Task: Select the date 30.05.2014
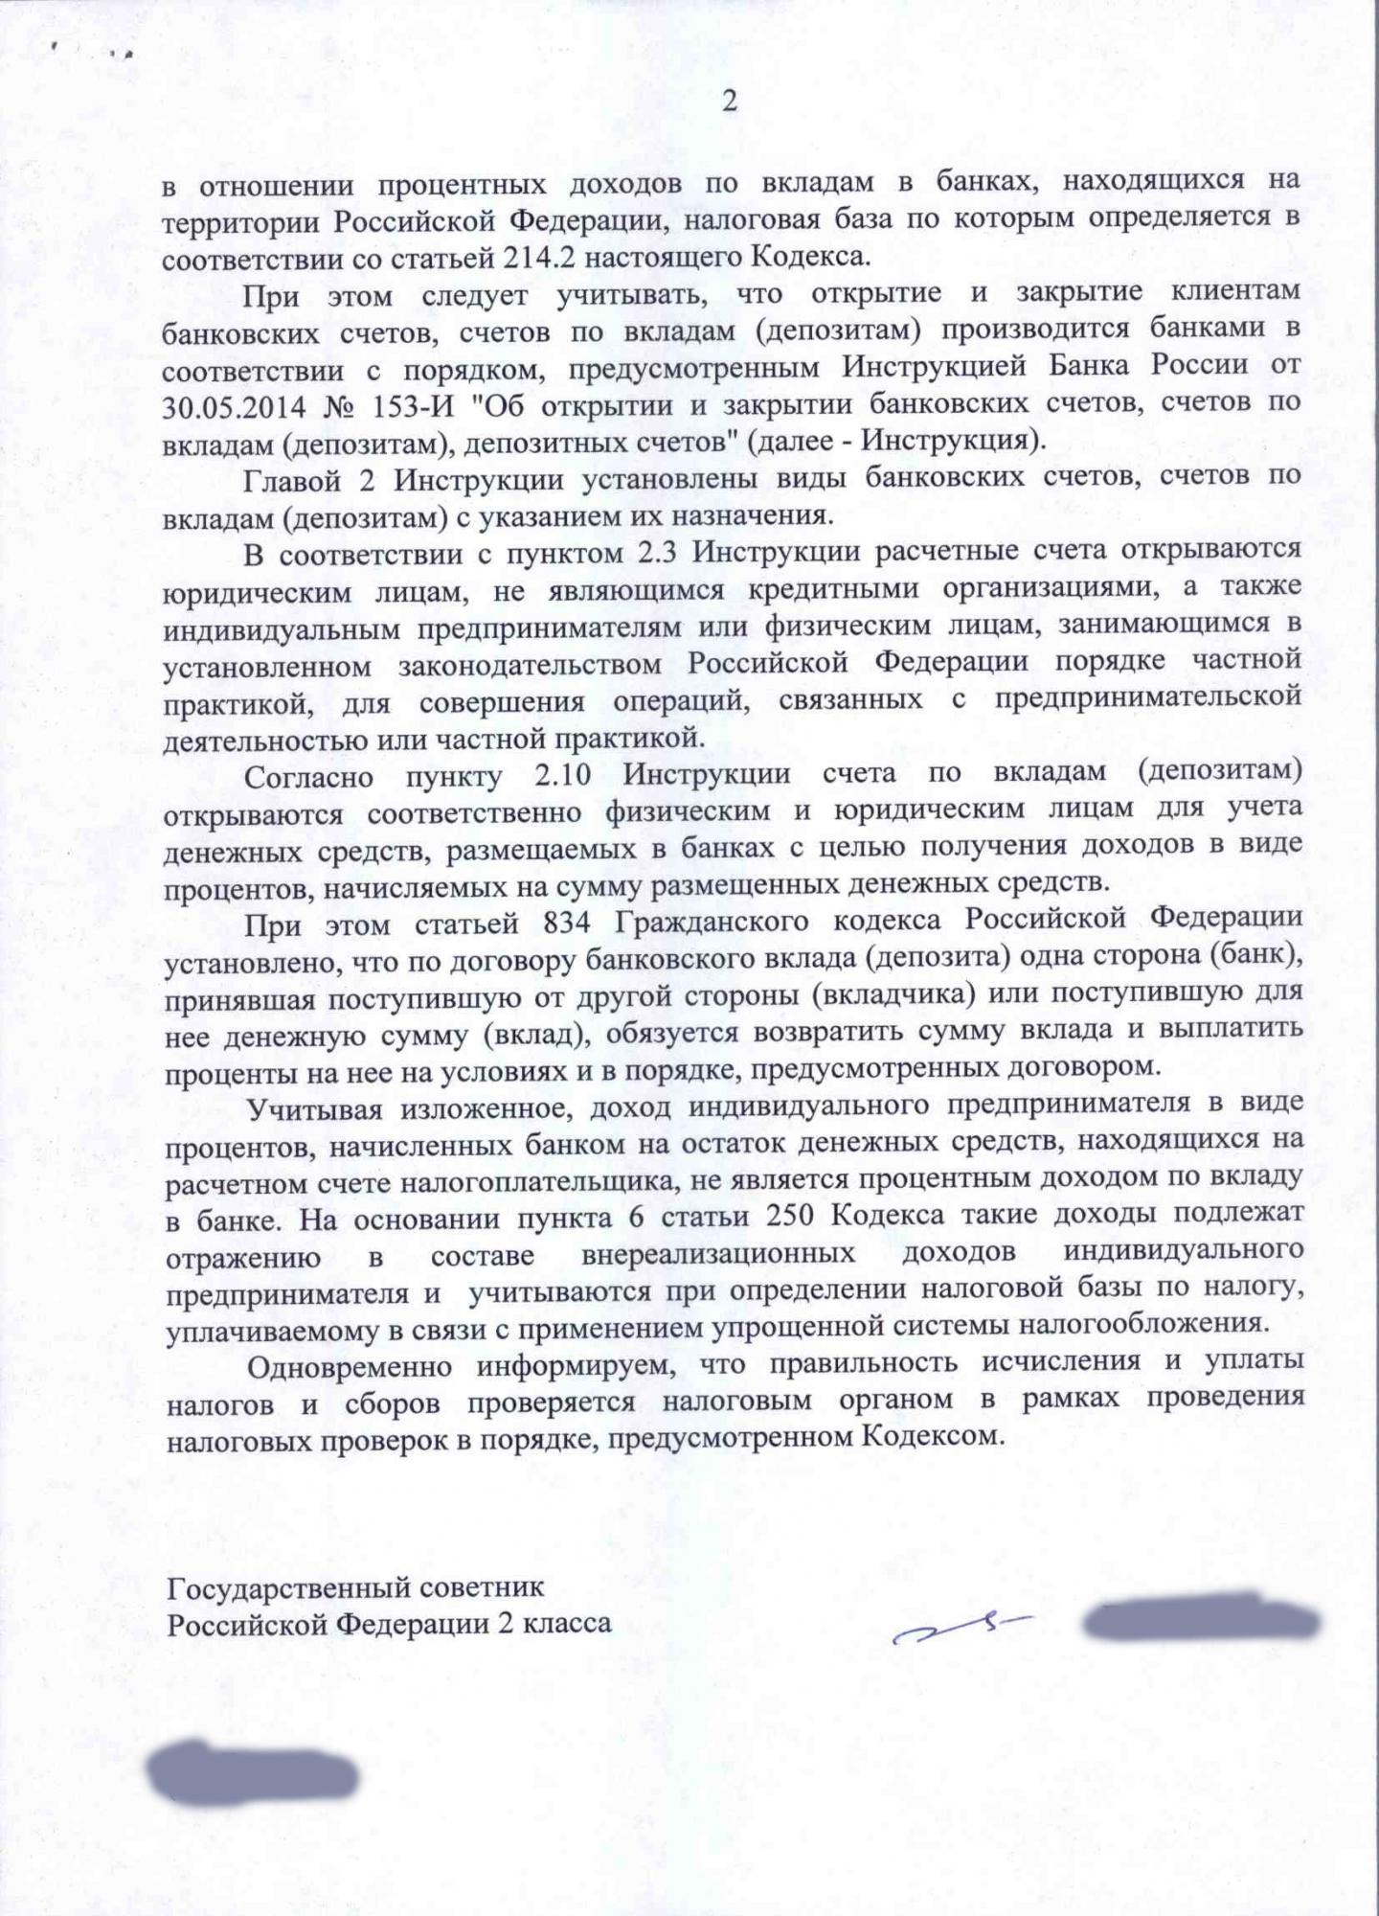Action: [x=234, y=406]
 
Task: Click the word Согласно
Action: [x=309, y=775]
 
